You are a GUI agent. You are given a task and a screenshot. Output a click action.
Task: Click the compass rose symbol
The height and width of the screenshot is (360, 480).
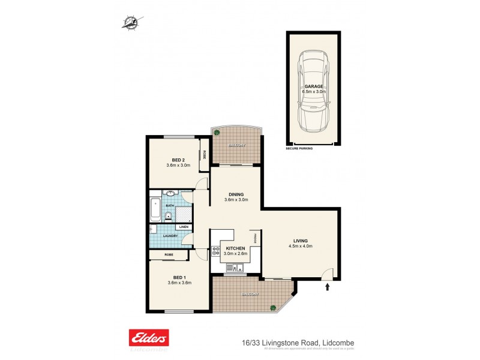131,23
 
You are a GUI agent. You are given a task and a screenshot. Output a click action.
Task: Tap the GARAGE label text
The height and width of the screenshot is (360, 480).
313,86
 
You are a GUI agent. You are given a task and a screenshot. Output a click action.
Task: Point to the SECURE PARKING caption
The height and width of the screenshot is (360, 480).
299,148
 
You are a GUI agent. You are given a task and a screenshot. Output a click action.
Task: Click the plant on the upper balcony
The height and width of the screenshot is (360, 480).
217,132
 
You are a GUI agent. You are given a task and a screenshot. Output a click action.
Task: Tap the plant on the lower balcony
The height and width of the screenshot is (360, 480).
273,308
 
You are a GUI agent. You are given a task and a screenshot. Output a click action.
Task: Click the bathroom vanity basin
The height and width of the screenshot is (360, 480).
170,194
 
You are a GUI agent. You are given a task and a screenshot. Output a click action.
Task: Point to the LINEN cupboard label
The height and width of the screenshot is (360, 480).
183,227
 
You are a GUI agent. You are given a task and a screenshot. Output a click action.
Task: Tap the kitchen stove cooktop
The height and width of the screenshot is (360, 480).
215,252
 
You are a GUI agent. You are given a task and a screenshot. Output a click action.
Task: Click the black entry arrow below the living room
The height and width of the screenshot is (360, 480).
328,287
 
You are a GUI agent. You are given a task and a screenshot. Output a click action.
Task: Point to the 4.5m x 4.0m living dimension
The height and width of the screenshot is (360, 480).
301,247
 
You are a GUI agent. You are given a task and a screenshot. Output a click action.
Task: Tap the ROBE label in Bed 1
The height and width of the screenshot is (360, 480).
169,255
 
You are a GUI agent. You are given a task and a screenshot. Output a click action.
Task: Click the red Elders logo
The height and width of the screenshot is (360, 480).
149,338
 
